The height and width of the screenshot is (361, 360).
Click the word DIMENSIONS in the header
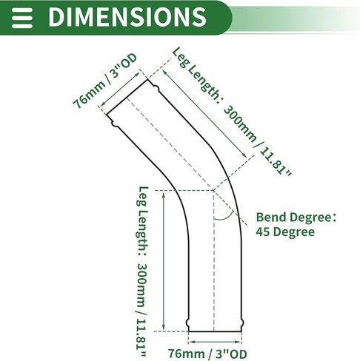tap(127, 17)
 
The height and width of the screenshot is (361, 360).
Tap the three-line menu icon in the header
tap(22, 18)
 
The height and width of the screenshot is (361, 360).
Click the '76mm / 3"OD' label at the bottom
tap(207, 354)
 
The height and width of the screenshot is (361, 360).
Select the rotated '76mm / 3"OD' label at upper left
tap(105, 81)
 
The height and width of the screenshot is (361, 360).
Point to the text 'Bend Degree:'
tap(296, 217)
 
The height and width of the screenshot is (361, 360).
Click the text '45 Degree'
tap(285, 232)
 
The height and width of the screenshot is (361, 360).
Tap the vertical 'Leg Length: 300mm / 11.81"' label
tap(143, 272)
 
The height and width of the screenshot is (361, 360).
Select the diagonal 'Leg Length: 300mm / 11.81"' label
tap(232, 112)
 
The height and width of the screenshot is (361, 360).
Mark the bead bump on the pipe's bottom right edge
tap(242, 323)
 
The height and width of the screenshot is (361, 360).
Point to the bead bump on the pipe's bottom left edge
tap(188, 323)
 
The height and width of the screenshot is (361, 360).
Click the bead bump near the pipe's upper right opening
tap(156, 87)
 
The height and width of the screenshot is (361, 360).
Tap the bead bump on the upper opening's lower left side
tap(115, 124)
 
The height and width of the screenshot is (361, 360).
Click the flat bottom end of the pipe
tap(215, 331)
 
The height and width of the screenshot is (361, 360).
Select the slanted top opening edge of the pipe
tap(127, 97)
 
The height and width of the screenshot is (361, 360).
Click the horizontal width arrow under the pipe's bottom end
tap(215, 342)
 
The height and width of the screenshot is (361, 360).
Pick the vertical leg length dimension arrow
tap(164, 260)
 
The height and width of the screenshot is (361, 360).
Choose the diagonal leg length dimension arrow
tap(204, 114)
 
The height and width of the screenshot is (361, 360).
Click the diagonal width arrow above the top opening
tap(120, 89)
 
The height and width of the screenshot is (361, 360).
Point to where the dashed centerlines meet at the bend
tap(213, 190)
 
